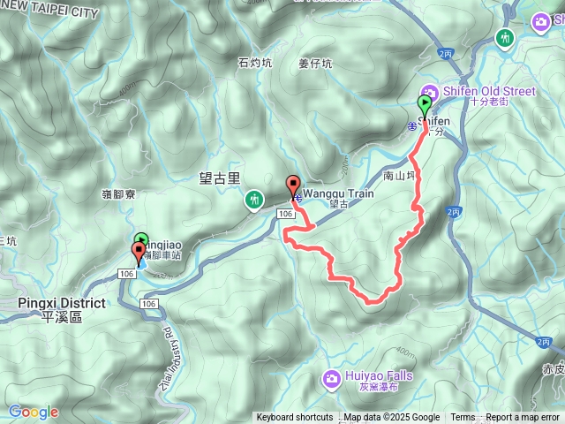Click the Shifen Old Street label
(478, 90)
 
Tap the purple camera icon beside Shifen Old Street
(430, 91)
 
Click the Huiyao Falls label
(379, 375)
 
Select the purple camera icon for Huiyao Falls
(331, 379)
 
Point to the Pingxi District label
(61, 303)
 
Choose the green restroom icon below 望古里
(254, 201)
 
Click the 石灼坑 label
(255, 63)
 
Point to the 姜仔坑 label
(315, 64)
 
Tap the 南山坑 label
(400, 177)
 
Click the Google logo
(34, 412)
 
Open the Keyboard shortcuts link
(295, 418)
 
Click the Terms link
(463, 418)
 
